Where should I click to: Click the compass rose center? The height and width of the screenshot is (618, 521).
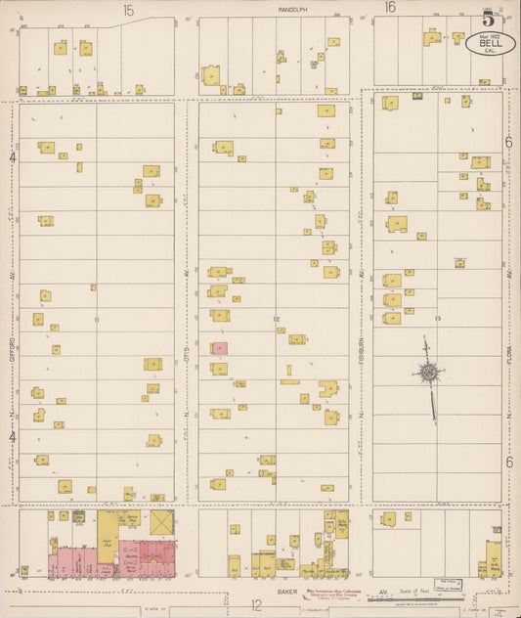tap(427, 371)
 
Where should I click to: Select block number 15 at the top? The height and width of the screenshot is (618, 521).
tap(128, 10)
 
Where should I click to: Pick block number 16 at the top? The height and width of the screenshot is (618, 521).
tap(390, 9)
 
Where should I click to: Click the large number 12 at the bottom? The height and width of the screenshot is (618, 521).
tap(256, 606)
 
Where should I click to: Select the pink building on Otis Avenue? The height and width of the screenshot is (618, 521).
tap(220, 348)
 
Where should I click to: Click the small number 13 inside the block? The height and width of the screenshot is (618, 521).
tap(439, 319)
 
